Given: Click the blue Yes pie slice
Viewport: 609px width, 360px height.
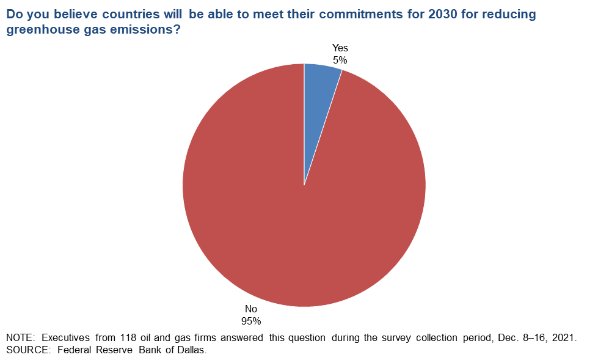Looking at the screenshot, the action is pos(318,101).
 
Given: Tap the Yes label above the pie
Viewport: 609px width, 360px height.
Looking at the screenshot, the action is pos(340,48).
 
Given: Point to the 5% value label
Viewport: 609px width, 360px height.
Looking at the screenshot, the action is pos(340,61).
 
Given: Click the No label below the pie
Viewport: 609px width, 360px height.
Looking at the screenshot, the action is pos(251,309).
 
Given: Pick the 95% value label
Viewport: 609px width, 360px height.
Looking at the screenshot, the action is pos(251,321).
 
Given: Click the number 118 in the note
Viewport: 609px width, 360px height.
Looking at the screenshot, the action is pos(128,338).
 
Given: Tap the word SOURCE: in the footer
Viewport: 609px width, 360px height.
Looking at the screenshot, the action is pos(28,350).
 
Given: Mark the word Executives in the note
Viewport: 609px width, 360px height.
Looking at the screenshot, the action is pos(65,338).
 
